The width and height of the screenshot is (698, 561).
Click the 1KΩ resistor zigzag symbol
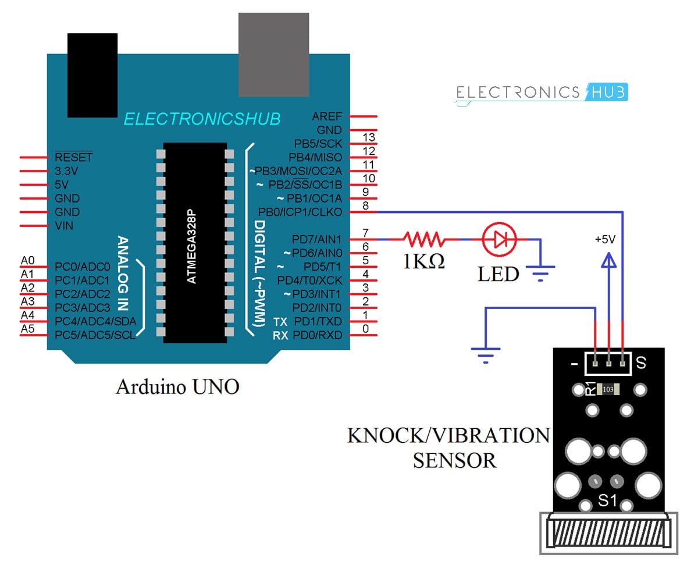point(425,239)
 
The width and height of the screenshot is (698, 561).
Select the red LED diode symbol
point(500,239)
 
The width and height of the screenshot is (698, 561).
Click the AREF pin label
point(327,116)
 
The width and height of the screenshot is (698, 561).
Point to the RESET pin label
point(73,158)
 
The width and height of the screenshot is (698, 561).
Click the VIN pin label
point(64,226)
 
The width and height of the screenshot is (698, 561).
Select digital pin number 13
point(368,138)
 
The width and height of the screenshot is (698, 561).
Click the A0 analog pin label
point(27,261)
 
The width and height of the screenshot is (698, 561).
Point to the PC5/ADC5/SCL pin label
point(95,335)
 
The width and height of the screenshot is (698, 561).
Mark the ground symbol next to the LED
point(541,272)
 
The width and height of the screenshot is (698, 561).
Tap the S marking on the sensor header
point(641,364)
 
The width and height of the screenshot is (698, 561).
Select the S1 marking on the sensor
point(607,499)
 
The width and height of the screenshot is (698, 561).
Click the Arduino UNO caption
point(177,387)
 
